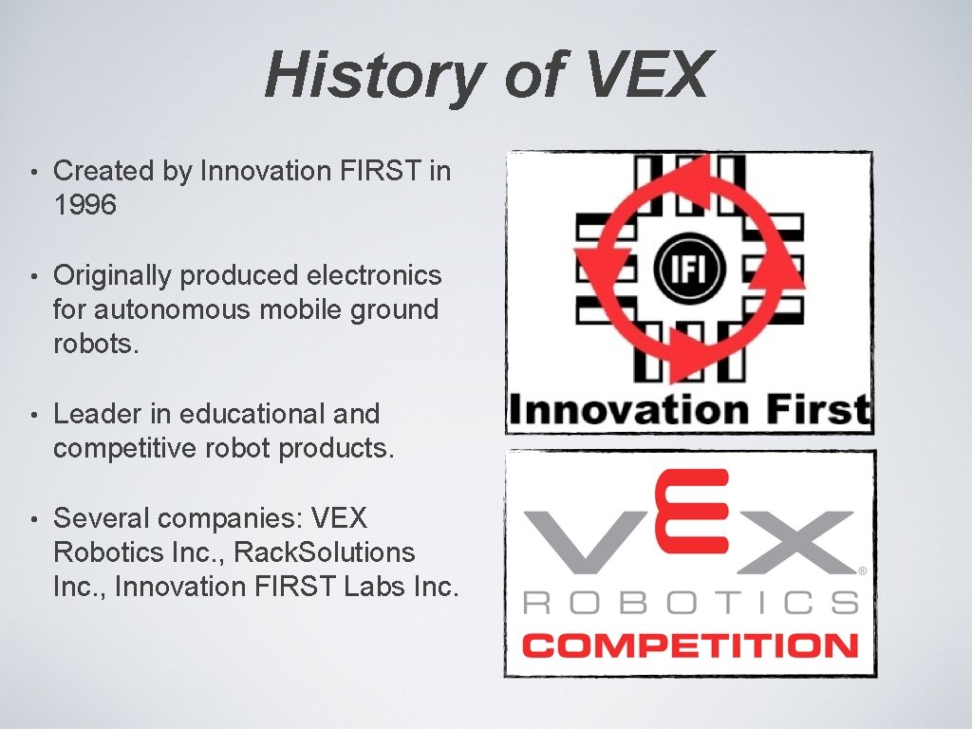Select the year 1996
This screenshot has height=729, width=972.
coord(85,205)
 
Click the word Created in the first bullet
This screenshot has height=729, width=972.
coord(90,171)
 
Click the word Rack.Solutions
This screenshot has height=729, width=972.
coord(325,552)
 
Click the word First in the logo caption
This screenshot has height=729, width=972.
coord(816,410)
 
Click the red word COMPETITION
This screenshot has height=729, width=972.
coord(690,647)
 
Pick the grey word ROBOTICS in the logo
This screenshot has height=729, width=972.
coord(690,602)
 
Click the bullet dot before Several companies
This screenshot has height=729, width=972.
coord(33,519)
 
